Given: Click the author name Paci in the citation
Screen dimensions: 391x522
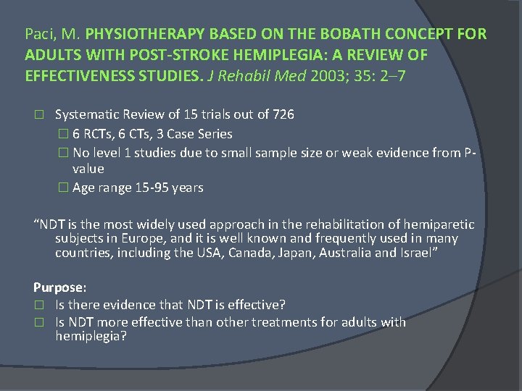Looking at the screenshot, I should point(38,34).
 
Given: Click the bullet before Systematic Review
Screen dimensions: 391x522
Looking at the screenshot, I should point(38,114).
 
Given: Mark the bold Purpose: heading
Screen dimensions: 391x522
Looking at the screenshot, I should point(59,287).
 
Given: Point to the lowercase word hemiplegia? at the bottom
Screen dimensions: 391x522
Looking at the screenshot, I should point(91,336).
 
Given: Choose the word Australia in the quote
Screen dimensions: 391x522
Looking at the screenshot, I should point(361,252).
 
